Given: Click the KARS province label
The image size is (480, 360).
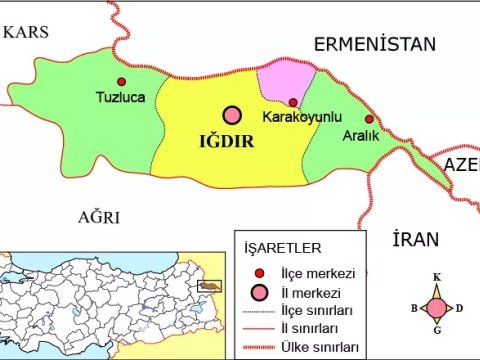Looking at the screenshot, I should point(26,32).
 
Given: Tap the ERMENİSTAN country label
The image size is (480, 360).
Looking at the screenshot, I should point(375,44).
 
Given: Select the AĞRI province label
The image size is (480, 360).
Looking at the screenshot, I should point(99,217).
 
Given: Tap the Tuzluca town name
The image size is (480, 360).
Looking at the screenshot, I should point(121,98).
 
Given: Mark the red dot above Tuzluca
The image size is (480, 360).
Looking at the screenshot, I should point(122,82).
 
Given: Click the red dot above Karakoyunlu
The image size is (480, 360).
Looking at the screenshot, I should point(292,102).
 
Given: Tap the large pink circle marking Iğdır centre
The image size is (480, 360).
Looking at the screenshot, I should point(233,116).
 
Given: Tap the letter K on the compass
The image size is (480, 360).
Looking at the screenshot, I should point(437,277).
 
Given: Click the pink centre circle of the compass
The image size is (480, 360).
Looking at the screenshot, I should point(437,307).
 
